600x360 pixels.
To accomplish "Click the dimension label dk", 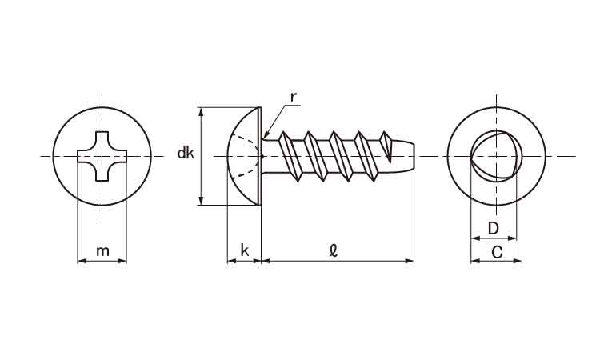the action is [x=186, y=153].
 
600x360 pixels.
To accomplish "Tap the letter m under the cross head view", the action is [x=102, y=251].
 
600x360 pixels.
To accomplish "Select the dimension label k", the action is [x=245, y=250].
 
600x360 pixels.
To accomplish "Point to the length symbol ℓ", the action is [x=334, y=250].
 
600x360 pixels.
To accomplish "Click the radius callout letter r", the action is [x=294, y=97].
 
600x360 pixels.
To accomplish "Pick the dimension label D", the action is [x=494, y=228].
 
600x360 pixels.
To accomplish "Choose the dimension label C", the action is [x=497, y=253].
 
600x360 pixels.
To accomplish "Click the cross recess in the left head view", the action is [x=102, y=156].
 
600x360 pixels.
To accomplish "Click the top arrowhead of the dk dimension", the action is [x=201, y=112].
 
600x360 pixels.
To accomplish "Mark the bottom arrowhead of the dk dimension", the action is [x=201, y=201].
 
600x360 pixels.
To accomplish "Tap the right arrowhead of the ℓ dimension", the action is [x=410, y=261].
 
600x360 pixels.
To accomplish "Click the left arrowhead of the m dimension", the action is [x=82, y=261].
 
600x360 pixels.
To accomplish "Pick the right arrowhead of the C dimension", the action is [x=518, y=261].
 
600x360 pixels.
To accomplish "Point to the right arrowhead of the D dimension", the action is [x=512, y=238].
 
